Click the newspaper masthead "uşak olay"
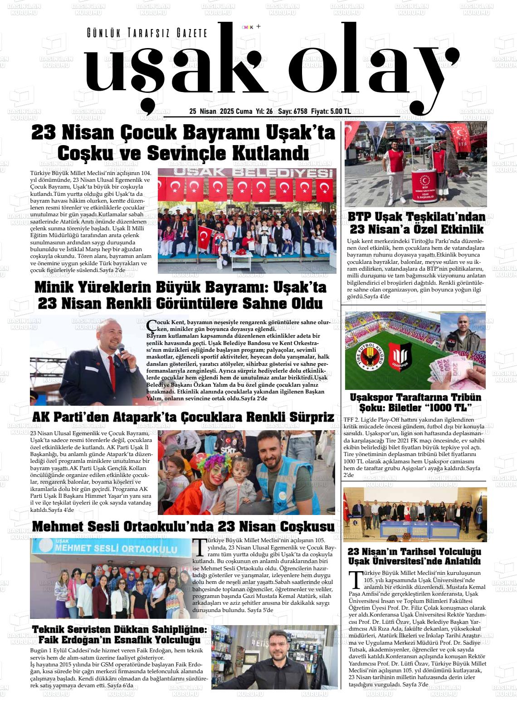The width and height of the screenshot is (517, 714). click(268, 68)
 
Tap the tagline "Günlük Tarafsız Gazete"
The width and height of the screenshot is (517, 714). click(147, 33)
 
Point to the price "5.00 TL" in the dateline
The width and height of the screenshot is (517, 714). click(341, 112)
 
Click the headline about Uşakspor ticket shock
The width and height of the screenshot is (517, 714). click(415, 403)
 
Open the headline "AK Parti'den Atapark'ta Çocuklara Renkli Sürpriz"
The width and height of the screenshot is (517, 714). click(183, 417)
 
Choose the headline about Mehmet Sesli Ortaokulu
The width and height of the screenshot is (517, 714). click(183, 526)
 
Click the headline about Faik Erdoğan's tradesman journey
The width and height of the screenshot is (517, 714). click(119, 635)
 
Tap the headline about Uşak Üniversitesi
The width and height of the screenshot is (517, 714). click(414, 556)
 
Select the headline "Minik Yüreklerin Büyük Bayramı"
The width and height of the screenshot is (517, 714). click(180, 295)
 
